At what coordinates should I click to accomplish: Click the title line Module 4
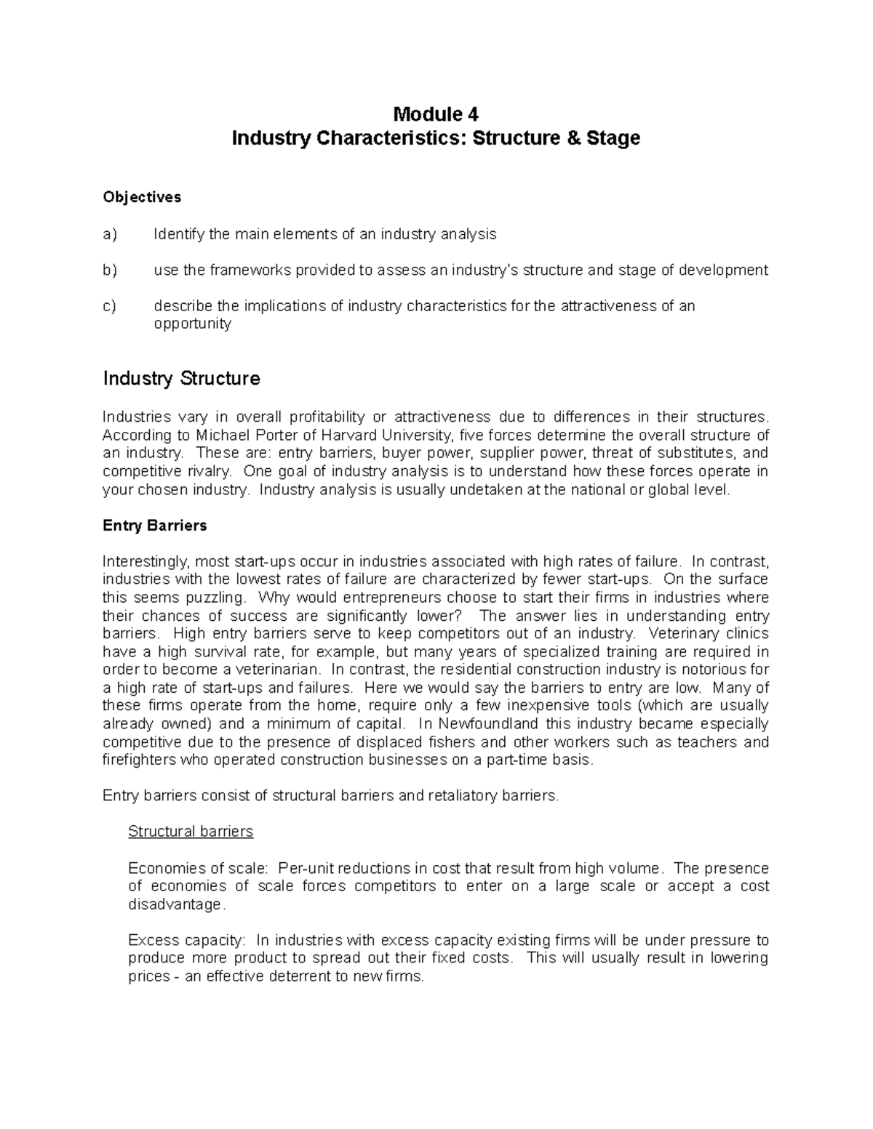coord(436,114)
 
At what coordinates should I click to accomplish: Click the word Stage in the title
coord(614,138)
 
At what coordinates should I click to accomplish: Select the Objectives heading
coord(142,197)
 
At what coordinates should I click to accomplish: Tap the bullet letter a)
coord(110,234)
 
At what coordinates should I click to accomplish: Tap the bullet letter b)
coord(110,270)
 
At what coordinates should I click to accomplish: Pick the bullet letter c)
coord(110,306)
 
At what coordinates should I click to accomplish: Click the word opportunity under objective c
coord(192,324)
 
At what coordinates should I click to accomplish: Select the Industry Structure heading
coord(181,379)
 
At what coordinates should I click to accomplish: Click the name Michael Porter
coord(238,435)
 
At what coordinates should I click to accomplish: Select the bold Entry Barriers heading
coord(155,526)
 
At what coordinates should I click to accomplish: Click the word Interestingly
coord(146,562)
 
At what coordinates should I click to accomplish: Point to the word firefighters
coord(135,760)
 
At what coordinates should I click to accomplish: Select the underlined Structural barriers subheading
coord(191,832)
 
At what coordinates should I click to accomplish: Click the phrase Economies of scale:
coord(199,868)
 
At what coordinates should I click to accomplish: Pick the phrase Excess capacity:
coord(188,940)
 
